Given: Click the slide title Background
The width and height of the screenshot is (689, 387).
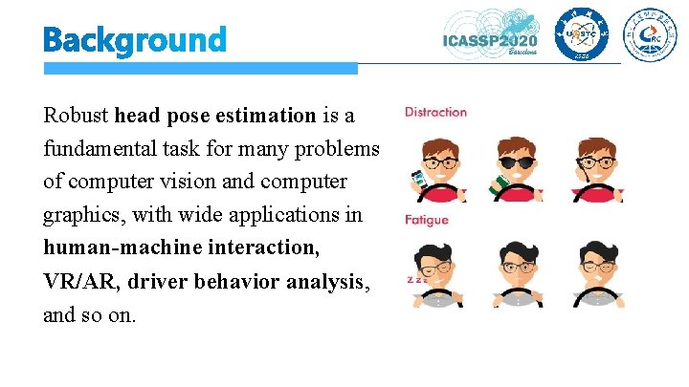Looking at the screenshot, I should (x=134, y=40).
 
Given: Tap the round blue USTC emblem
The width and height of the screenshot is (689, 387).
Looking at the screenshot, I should (x=581, y=38).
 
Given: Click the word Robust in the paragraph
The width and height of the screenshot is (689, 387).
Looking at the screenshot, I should (x=76, y=116).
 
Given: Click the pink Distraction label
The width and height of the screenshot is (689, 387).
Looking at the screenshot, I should (x=435, y=112).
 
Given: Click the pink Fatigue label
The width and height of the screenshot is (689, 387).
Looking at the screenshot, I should (x=426, y=220).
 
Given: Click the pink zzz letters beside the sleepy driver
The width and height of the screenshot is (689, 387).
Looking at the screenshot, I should (x=415, y=281).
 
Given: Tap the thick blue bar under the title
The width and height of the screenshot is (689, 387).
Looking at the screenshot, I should (x=200, y=69).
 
